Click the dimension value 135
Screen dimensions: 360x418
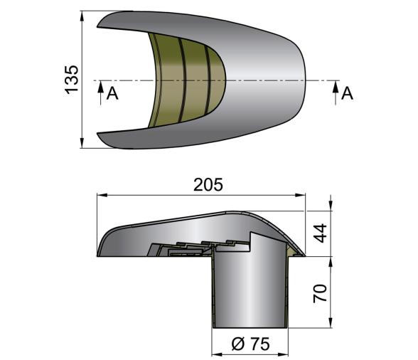pyautogui.click(x=72, y=79)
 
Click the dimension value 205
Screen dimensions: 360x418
pyautogui.click(x=208, y=184)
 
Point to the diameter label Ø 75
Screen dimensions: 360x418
pyautogui.click(x=251, y=343)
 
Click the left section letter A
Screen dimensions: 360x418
pyautogui.click(x=112, y=93)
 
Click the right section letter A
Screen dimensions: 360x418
pyautogui.click(x=347, y=93)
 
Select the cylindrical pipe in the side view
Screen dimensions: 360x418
pyautogui.click(x=249, y=292)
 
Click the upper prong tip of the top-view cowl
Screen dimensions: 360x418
pyautogui.click(x=100, y=26)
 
